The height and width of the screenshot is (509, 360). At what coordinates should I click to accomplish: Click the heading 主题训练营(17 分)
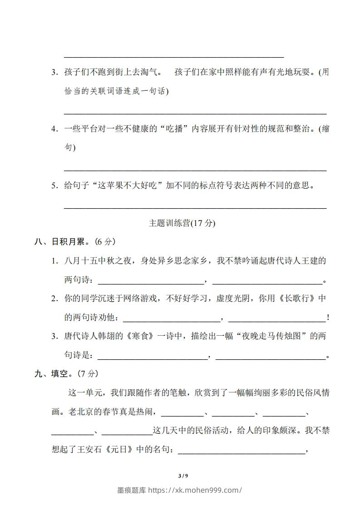(182, 223)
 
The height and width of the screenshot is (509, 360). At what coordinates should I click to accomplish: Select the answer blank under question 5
(195, 207)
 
